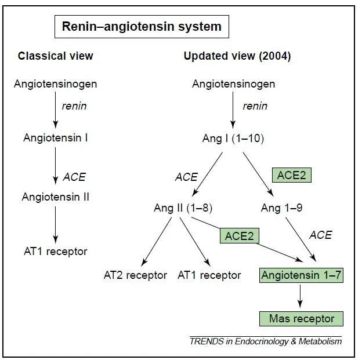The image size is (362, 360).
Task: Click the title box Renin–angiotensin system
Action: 137,27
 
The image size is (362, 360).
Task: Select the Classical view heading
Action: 55,56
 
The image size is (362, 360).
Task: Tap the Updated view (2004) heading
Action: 237,56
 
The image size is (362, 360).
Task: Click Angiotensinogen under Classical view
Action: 55,84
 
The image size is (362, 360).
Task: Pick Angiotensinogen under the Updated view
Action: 233,84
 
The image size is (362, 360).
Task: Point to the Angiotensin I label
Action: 56,138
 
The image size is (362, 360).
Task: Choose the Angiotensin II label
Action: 56,197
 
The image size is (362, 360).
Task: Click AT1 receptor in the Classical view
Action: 56,252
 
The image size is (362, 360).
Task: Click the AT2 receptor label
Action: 135,275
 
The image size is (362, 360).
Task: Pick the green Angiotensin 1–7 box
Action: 301,275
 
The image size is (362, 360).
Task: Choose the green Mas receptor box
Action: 301,318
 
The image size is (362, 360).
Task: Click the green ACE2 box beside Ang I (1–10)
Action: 291,175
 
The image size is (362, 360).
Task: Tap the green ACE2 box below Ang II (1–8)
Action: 239,235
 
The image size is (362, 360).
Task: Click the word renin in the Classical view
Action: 74,106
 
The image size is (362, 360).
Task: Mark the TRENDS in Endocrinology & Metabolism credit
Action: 265,341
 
